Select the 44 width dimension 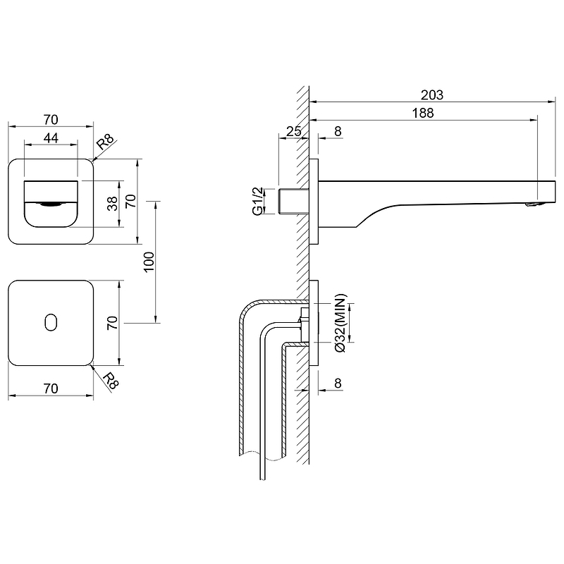coord(50,138)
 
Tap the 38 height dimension coord(111,204)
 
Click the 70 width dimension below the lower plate coord(50,387)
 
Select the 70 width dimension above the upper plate coord(50,119)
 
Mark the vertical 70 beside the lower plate coord(111,323)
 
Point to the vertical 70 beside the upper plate coord(130,202)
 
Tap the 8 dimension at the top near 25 coord(338,131)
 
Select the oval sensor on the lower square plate coord(50,322)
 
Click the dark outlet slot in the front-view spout coord(50,204)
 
